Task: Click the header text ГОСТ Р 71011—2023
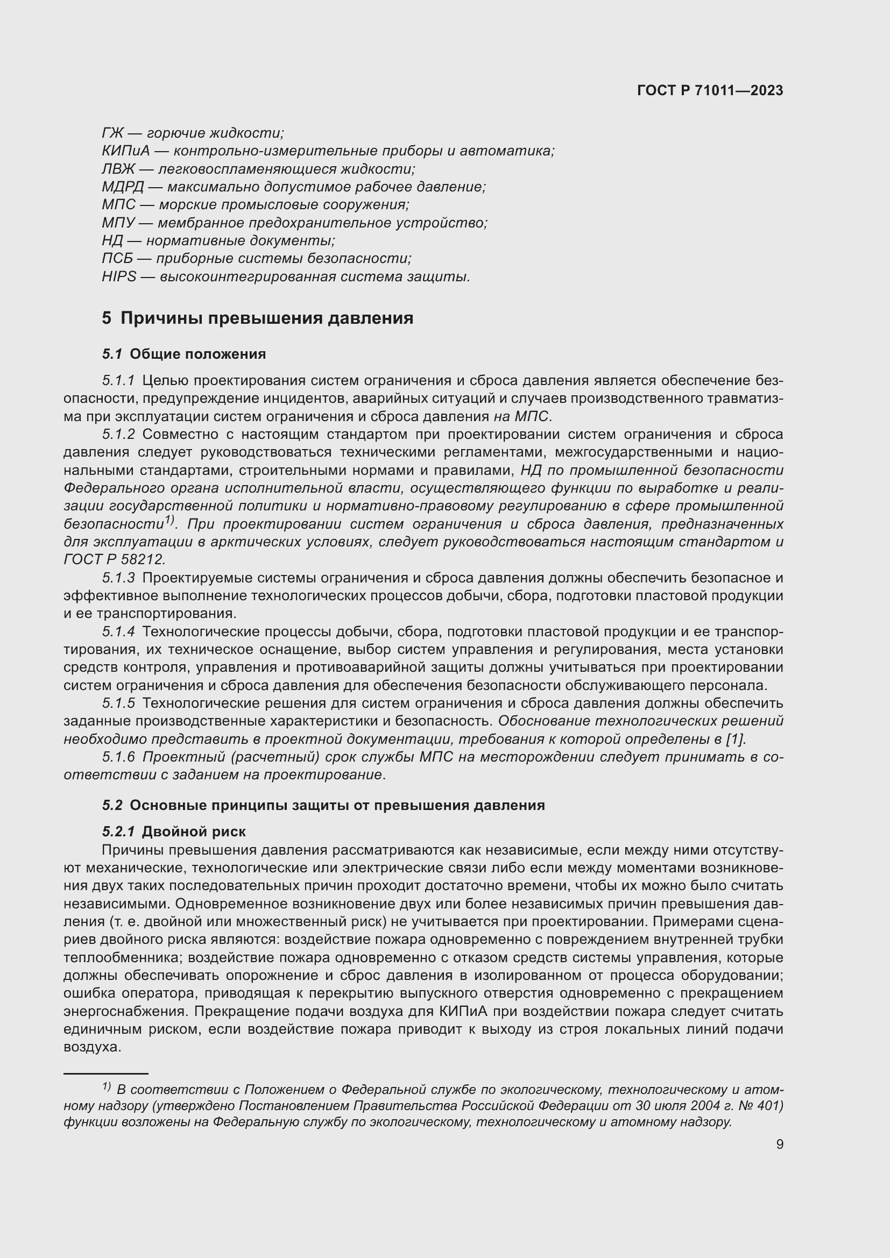(x=710, y=91)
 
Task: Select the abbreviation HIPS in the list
(x=119, y=276)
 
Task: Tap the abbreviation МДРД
(x=123, y=187)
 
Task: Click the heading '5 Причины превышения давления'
(x=258, y=318)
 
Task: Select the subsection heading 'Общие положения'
(x=198, y=354)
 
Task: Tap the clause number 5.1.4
(x=118, y=632)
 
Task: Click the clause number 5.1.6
(x=118, y=757)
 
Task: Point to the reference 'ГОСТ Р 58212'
(x=114, y=559)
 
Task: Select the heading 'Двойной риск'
(x=194, y=831)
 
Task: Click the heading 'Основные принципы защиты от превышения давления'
(x=337, y=806)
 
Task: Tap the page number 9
(x=779, y=1145)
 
